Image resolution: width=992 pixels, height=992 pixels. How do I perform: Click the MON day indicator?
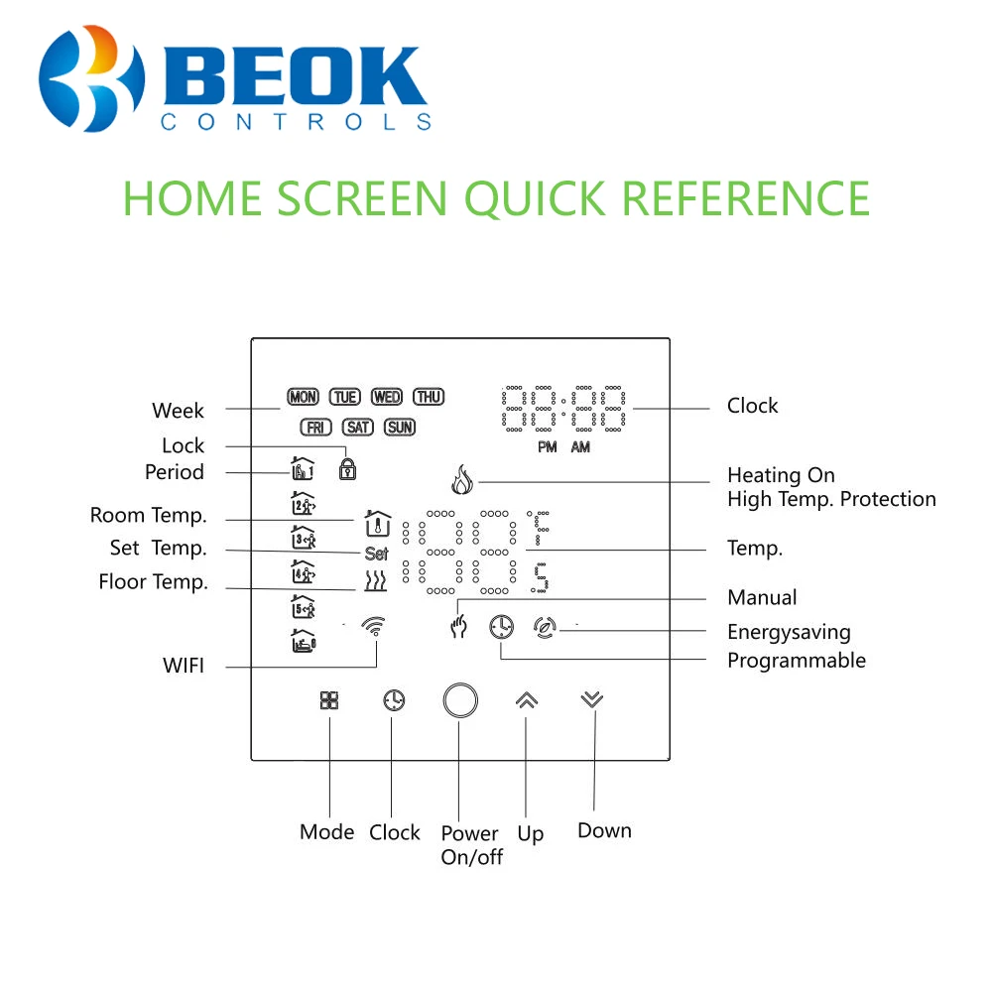(303, 397)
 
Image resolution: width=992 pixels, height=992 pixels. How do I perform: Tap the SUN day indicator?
(400, 428)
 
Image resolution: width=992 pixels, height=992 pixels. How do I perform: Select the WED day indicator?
(386, 397)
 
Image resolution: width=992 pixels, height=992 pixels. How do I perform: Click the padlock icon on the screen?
(347, 468)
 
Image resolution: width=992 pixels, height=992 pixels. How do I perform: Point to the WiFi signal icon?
(374, 626)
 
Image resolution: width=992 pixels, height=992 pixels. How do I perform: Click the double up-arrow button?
(526, 700)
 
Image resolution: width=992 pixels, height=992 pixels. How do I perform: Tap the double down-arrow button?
(591, 699)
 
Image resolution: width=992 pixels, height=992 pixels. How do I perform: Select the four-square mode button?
(329, 700)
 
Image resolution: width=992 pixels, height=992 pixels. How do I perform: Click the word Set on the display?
(376, 555)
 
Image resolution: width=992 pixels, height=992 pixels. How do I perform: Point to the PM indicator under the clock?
(548, 447)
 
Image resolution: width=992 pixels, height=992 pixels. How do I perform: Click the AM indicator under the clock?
(580, 447)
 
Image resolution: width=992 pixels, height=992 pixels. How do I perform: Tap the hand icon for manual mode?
(458, 628)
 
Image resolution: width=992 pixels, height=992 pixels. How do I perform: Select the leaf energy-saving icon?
(544, 627)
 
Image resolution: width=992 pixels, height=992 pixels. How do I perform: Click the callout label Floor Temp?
(153, 582)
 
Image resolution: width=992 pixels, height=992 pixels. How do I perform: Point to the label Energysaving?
(789, 632)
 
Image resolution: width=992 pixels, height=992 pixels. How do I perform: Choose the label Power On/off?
(471, 845)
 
